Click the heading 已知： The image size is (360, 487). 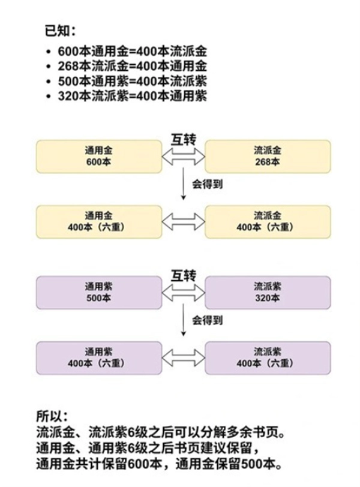click(60, 30)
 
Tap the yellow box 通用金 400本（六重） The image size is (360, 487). click(99, 221)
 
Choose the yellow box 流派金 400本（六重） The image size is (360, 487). click(268, 221)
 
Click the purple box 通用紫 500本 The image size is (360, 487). click(99, 292)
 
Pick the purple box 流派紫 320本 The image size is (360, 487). click(268, 292)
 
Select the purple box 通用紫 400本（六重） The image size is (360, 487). click(99, 357)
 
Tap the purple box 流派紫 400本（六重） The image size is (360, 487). click(268, 357)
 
